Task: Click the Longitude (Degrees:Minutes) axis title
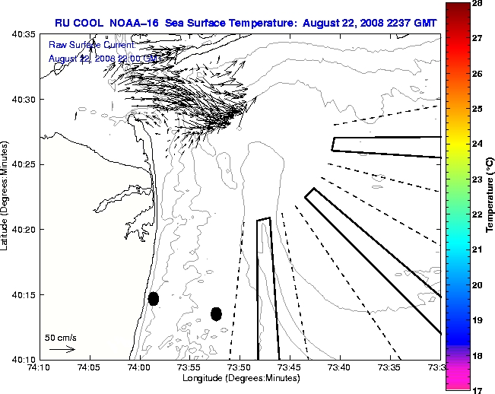tap(240, 379)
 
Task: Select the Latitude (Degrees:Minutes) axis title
tap(6, 196)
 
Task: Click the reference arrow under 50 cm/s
tap(62, 349)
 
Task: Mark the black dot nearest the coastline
tap(154, 298)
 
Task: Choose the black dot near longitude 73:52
tap(216, 313)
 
